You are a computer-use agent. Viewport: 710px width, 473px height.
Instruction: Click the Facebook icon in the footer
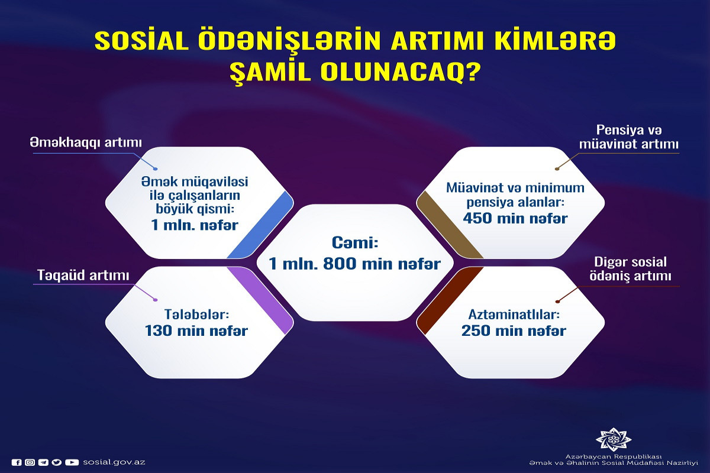17,462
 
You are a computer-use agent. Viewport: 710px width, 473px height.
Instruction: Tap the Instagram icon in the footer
30,462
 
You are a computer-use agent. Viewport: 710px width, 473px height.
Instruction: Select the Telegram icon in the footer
43,462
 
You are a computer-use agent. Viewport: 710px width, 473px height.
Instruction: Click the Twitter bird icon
57,462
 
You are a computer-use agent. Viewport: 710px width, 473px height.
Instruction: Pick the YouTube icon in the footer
72,462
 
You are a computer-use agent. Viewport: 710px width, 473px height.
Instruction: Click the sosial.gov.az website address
114,462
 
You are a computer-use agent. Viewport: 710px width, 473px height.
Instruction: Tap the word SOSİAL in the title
141,41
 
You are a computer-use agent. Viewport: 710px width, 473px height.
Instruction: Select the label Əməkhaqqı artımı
86,143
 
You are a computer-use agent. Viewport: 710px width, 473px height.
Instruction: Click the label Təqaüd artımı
83,275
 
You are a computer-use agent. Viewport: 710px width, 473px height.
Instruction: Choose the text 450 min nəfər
515,218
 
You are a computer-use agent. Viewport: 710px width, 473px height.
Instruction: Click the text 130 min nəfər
196,331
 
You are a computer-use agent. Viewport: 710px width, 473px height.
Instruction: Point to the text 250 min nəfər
514,331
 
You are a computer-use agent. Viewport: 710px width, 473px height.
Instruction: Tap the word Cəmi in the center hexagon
355,243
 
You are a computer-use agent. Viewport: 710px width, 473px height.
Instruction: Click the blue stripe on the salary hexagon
260,224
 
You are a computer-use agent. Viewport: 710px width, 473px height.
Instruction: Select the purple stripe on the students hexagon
260,300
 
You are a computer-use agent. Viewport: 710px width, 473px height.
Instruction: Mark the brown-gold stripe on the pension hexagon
450,224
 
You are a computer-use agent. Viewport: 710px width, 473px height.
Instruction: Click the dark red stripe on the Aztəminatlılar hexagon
450,300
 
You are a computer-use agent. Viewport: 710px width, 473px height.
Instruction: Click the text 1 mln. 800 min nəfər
355,264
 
